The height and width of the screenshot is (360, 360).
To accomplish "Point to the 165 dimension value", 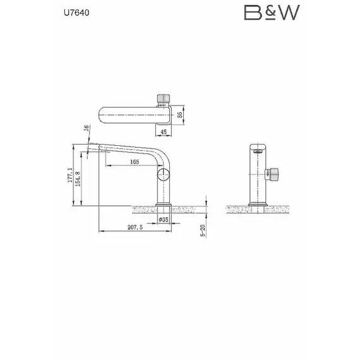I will pos(135,162).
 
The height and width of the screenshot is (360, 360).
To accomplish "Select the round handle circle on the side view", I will pos(164,175).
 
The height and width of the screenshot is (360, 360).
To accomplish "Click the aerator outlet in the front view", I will pos(257,152).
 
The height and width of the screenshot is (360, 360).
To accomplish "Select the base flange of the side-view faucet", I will pos(164,203).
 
